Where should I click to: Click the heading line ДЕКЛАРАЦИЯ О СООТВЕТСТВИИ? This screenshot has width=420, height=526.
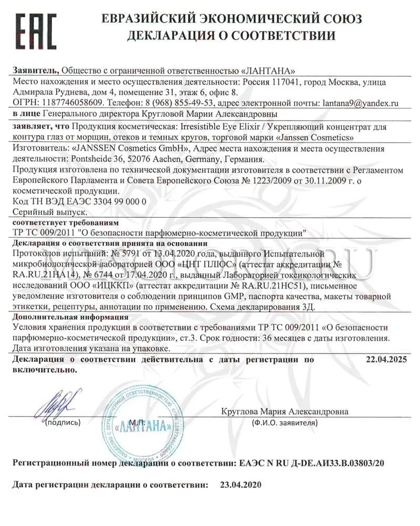pyautogui.click(x=232, y=36)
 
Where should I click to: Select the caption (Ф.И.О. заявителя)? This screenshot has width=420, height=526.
pyautogui.click(x=283, y=422)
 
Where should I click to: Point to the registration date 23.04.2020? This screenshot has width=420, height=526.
pyautogui.click(x=240, y=484)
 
